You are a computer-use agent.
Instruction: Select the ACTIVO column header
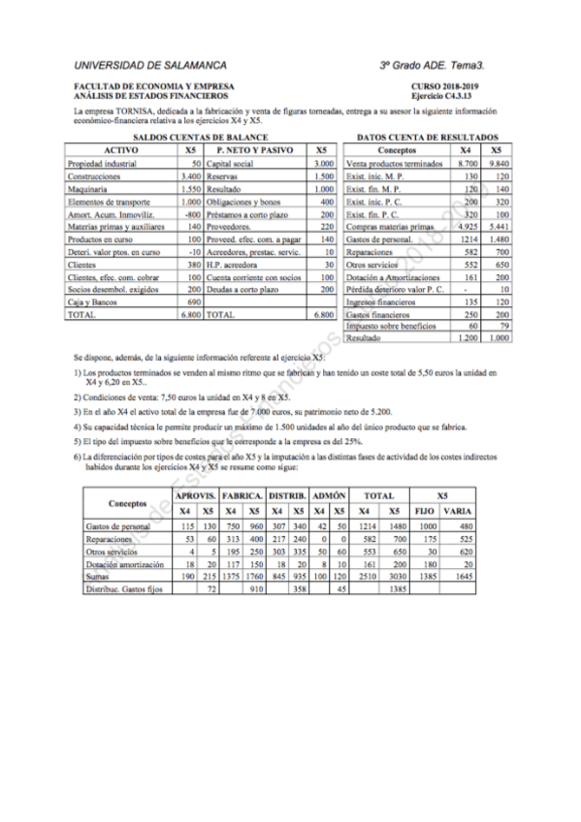pyautogui.click(x=121, y=151)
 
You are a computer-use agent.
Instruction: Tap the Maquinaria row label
pyautogui.click(x=89, y=189)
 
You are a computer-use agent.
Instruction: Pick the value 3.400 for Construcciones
pyautogui.click(x=190, y=176)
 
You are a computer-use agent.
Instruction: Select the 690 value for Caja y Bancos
pyautogui.click(x=192, y=302)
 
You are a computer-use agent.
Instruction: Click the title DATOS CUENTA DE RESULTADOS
pyautogui.click(x=428, y=139)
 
